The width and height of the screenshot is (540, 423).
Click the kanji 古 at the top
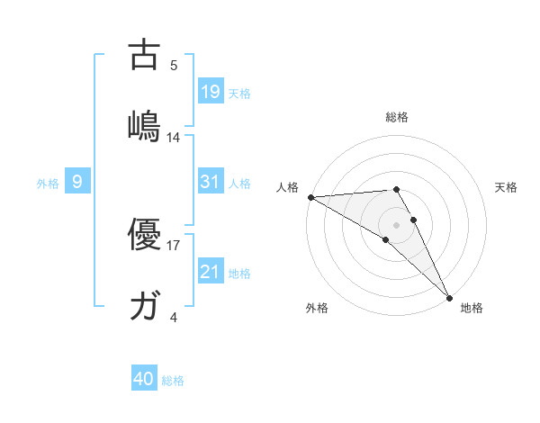pos(144,55)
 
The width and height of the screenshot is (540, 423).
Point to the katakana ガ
pos(144,306)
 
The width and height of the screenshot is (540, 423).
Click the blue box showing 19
pos(210,92)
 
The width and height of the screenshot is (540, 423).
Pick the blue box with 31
pos(210,182)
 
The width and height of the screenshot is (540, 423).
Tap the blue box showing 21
pos(210,272)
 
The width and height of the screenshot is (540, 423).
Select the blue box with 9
pos(77,182)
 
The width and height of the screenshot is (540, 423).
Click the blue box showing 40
pos(144,379)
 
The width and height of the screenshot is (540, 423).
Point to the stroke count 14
pos(174,138)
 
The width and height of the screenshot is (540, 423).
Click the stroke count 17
pos(174,244)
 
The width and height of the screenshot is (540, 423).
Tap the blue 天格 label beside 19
pos(238,93)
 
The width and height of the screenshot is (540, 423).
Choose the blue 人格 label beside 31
pos(238,183)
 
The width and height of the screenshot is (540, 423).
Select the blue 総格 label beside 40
pos(173,380)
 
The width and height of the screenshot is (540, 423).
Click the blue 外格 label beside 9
pos(48,183)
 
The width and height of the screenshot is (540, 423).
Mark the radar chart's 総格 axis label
pos(396,117)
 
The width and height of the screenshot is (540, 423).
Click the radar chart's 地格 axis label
pos(472,308)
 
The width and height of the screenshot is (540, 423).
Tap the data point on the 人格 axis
pos(310,196)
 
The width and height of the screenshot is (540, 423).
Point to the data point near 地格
pos(449,296)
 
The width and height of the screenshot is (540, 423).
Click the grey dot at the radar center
pos(396,223)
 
